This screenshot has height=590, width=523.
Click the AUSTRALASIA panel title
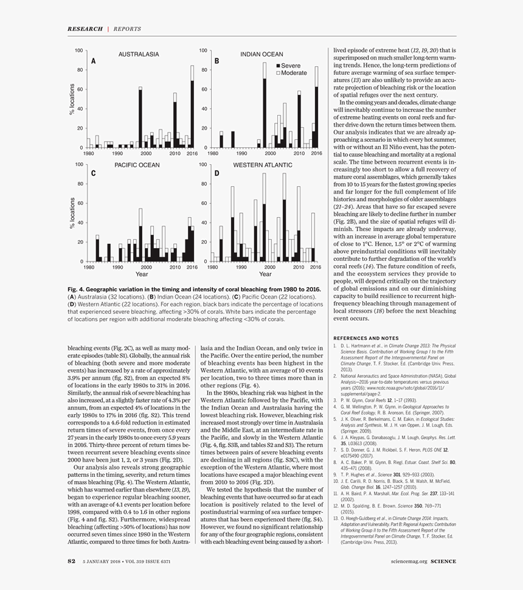tap(139, 54)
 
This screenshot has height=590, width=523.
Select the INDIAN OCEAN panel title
tap(261, 54)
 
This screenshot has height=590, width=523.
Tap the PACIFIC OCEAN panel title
tap(137, 165)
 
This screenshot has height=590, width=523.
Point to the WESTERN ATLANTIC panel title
tap(263, 165)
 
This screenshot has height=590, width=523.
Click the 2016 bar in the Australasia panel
tap(192, 106)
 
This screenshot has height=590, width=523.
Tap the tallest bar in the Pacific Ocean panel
tap(140, 235)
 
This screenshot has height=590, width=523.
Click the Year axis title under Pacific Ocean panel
tap(141, 274)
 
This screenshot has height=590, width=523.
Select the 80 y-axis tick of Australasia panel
tap(79, 70)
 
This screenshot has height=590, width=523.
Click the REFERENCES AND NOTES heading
tap(366, 338)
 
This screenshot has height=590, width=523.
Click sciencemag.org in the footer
tap(409, 561)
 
